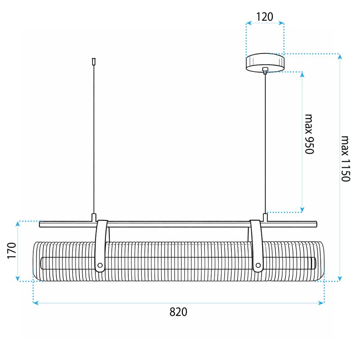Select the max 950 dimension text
point(309,134)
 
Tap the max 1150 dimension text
point(345,159)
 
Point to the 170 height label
point(12,251)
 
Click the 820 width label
point(178,312)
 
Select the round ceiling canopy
point(265,62)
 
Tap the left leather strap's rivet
point(100,266)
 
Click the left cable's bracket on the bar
point(94,217)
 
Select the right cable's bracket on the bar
point(265,217)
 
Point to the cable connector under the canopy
point(265,69)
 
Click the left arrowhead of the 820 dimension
point(35,303)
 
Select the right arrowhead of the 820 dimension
point(323,303)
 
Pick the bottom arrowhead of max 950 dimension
point(302,209)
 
